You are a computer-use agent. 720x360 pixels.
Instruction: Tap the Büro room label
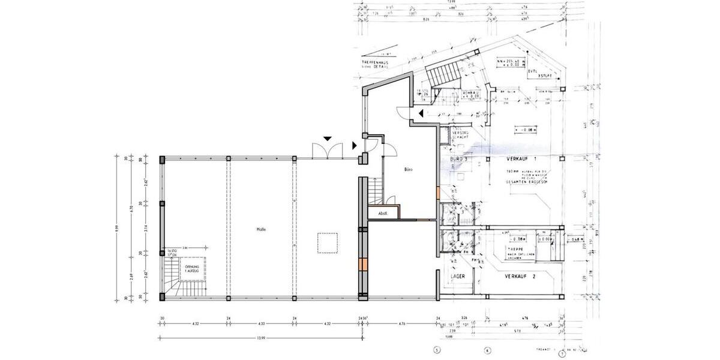click(x=409, y=170)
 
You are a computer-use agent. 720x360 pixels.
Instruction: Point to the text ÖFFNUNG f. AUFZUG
click(x=193, y=268)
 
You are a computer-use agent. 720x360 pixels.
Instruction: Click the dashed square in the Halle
click(x=328, y=244)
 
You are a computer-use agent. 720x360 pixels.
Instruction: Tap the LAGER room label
click(x=458, y=277)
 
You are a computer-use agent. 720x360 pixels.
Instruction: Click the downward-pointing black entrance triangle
click(x=327, y=139)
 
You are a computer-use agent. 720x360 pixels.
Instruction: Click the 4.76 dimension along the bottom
click(x=401, y=325)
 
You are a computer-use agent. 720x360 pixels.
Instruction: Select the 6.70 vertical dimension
click(x=131, y=211)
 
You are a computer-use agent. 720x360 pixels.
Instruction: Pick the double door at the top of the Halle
click(x=328, y=151)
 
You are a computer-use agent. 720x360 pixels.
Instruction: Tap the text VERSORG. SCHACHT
click(x=459, y=134)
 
